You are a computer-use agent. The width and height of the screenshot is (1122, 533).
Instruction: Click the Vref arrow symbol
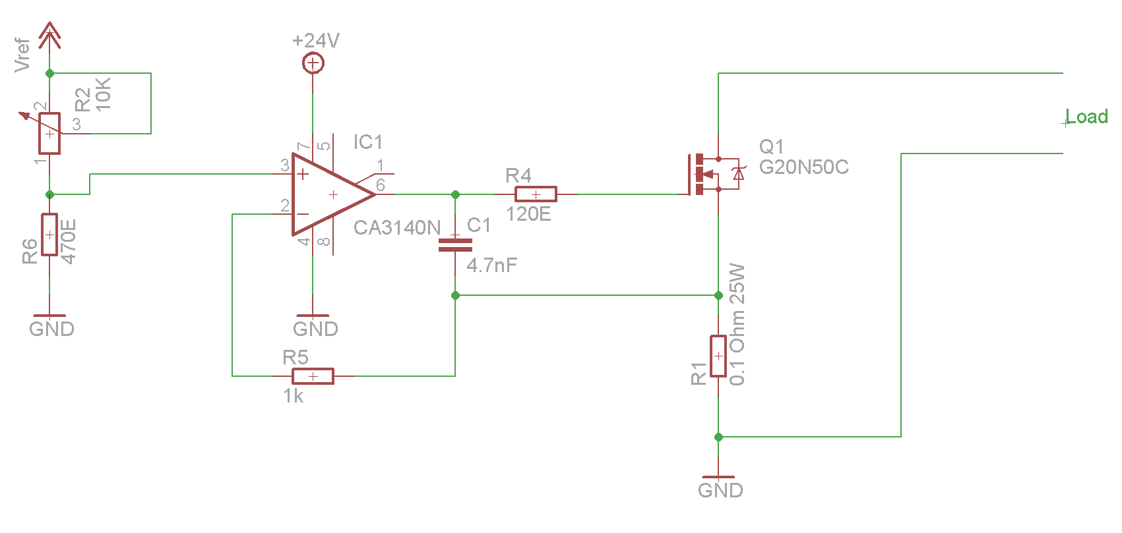point(49,35)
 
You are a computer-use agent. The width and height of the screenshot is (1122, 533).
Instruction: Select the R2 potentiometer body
point(49,133)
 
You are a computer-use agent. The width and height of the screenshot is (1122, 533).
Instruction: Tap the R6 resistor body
point(49,235)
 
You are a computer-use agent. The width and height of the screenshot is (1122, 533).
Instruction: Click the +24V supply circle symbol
point(313,63)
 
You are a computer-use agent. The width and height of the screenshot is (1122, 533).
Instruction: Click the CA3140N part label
point(396,228)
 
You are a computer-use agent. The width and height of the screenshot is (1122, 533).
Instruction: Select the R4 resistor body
point(536,194)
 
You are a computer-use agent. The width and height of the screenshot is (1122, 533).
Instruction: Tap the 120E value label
point(528,214)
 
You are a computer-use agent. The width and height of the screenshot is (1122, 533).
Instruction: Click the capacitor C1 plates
point(455,244)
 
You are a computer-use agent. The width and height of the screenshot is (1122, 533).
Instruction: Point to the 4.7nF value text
point(491,266)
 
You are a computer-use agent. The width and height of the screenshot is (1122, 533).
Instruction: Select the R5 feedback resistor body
point(313,376)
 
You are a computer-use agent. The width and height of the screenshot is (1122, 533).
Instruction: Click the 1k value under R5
point(293,397)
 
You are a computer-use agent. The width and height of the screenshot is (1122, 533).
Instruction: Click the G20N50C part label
point(804,167)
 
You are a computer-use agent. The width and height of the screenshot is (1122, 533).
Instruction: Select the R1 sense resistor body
point(718,356)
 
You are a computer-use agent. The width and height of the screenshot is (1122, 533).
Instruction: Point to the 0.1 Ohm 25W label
point(737,324)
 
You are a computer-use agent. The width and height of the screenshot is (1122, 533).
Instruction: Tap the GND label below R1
point(720,490)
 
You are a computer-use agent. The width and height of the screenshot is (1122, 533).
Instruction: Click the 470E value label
point(68,241)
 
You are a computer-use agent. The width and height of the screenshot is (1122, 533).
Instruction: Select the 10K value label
point(103,94)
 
